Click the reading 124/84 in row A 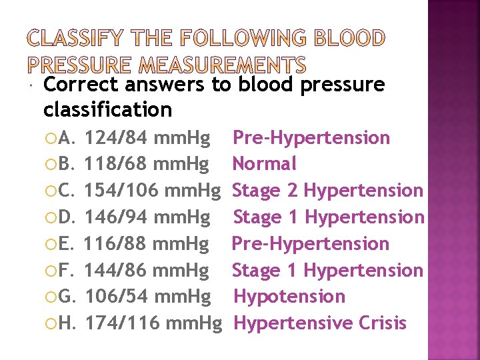pyautogui.click(x=117, y=138)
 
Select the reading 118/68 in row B pyautogui.click(x=117, y=164)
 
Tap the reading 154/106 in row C pyautogui.click(x=124, y=191)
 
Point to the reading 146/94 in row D pyautogui.click(x=117, y=217)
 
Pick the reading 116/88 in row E pyautogui.click(x=117, y=243)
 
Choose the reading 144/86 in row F pyautogui.click(x=117, y=270)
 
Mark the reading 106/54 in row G pyautogui.click(x=117, y=297)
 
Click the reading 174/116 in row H pyautogui.click(x=124, y=323)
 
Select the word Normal pyautogui.click(x=264, y=164)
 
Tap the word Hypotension pyautogui.click(x=288, y=297)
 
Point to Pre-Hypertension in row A pyautogui.click(x=311, y=138)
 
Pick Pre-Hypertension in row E pyautogui.click(x=310, y=243)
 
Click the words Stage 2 pyautogui.click(x=265, y=191)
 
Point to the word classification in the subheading pyautogui.click(x=107, y=109)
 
